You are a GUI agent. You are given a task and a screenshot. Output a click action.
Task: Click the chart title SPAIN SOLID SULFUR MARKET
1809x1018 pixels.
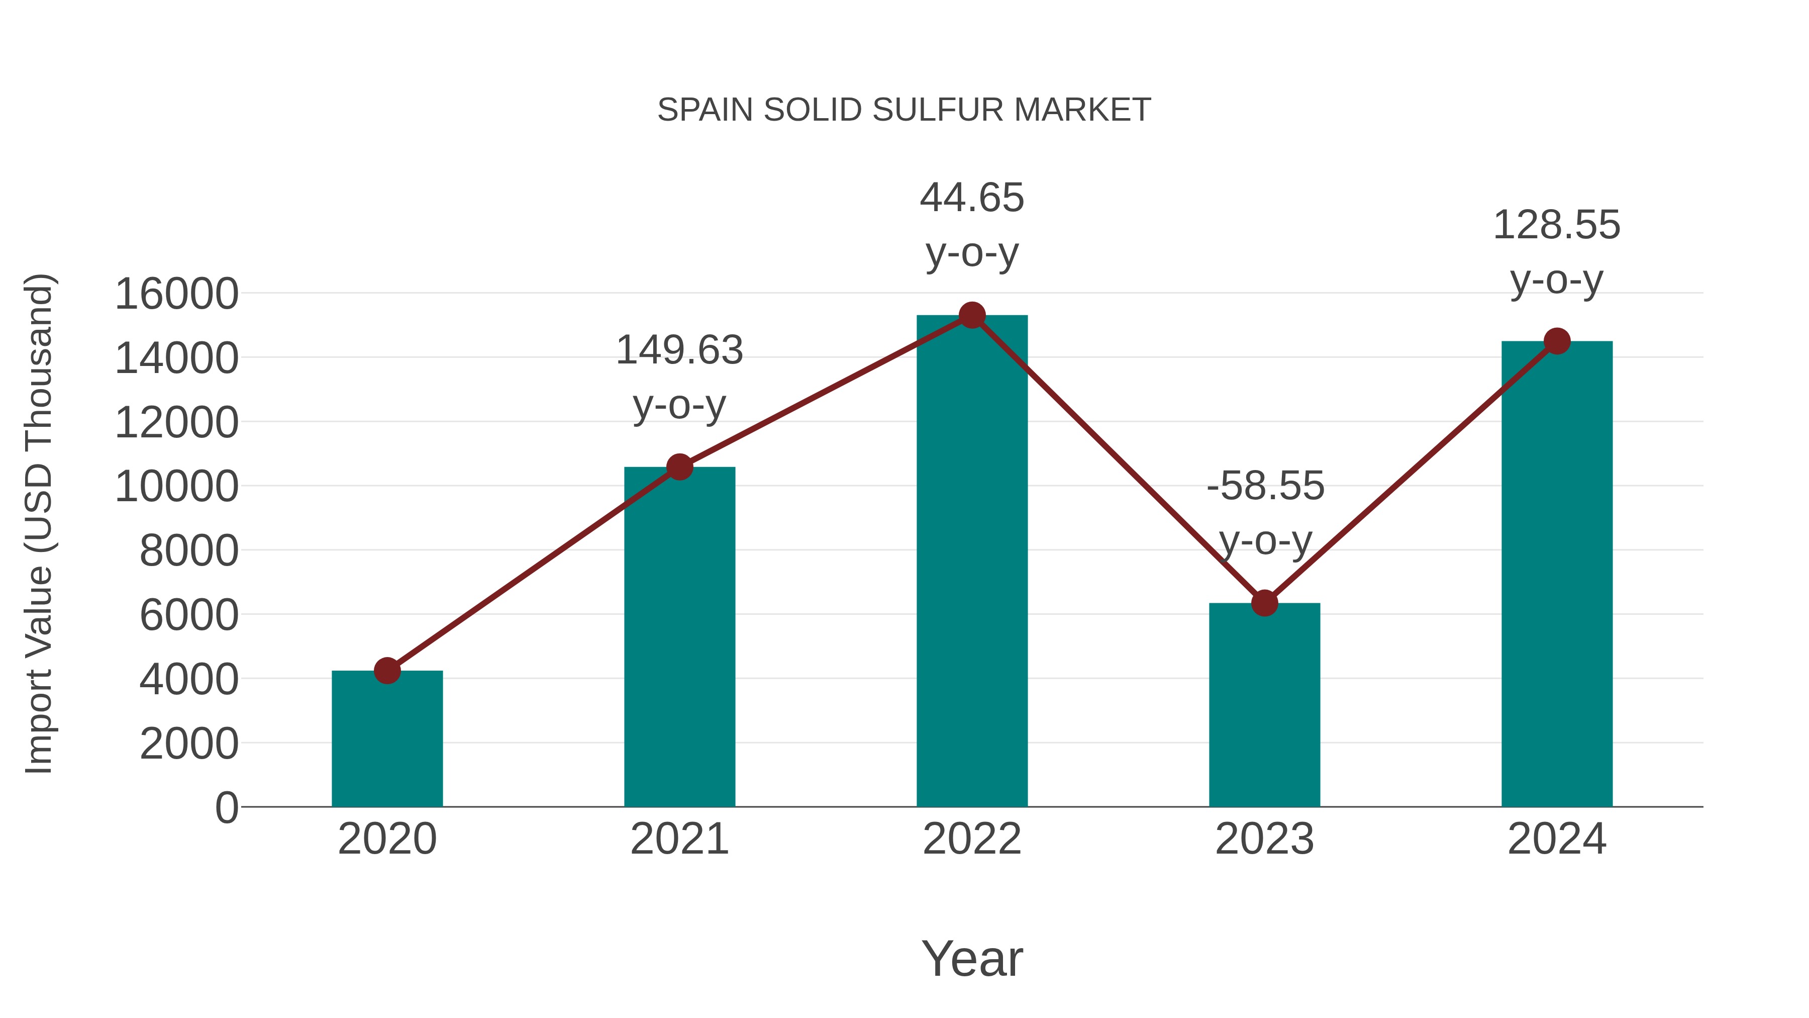904,110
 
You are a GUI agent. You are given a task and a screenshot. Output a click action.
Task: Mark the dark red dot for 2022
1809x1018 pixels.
972,315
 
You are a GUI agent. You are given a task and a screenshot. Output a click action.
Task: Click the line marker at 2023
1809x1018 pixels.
1264,603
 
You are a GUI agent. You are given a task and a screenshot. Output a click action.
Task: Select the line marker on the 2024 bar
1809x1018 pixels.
1557,341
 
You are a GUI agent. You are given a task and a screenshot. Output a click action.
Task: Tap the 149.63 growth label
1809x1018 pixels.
679,350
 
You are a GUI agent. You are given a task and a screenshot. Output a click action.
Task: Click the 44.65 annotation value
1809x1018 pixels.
972,198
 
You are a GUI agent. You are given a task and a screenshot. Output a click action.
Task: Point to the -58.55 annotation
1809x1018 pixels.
1265,486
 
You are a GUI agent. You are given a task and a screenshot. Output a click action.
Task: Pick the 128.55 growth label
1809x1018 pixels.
1556,226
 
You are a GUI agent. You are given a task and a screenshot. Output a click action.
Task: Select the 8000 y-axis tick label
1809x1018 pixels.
189,551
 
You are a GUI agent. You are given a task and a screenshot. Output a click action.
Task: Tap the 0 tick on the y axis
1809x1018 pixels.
227,807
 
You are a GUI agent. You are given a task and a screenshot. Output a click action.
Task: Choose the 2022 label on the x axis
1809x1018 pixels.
972,839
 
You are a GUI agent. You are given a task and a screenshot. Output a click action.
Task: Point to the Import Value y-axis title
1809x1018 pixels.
39,523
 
